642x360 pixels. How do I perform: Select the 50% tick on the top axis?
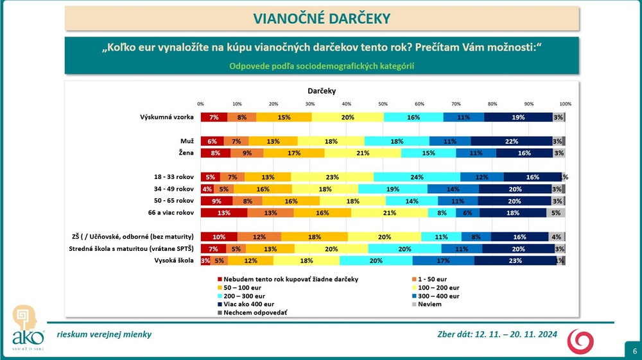[383, 103]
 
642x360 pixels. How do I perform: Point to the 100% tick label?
[565, 103]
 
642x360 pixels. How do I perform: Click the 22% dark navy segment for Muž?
[511, 141]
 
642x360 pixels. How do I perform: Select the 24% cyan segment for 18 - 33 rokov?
[417, 176]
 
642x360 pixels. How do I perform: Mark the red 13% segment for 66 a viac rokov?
[224, 212]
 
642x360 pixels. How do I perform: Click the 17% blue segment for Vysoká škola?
[443, 260]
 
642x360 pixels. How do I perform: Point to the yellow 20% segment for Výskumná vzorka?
[347, 117]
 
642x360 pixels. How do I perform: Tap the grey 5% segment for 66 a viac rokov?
[556, 212]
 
